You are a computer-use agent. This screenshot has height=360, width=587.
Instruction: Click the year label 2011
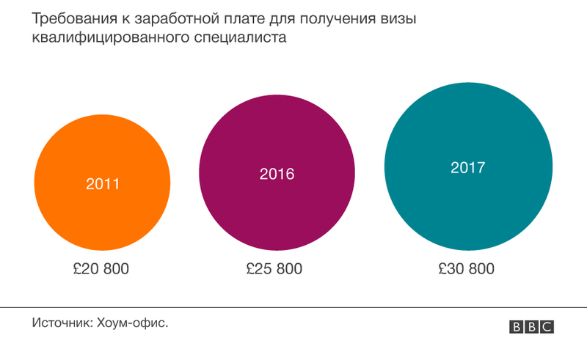[x=102, y=184]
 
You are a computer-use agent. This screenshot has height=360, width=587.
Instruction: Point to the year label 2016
[x=277, y=175]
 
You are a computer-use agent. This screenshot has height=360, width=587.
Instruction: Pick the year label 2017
[x=467, y=168]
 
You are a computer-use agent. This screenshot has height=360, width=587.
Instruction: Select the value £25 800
[x=275, y=269]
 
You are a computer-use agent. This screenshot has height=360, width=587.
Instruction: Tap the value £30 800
[x=467, y=269]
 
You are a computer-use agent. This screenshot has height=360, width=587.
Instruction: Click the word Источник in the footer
[x=62, y=322]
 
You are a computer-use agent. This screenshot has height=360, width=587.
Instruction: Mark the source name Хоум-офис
[x=132, y=322]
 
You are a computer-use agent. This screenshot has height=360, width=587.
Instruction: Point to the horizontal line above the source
[x=293, y=306]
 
